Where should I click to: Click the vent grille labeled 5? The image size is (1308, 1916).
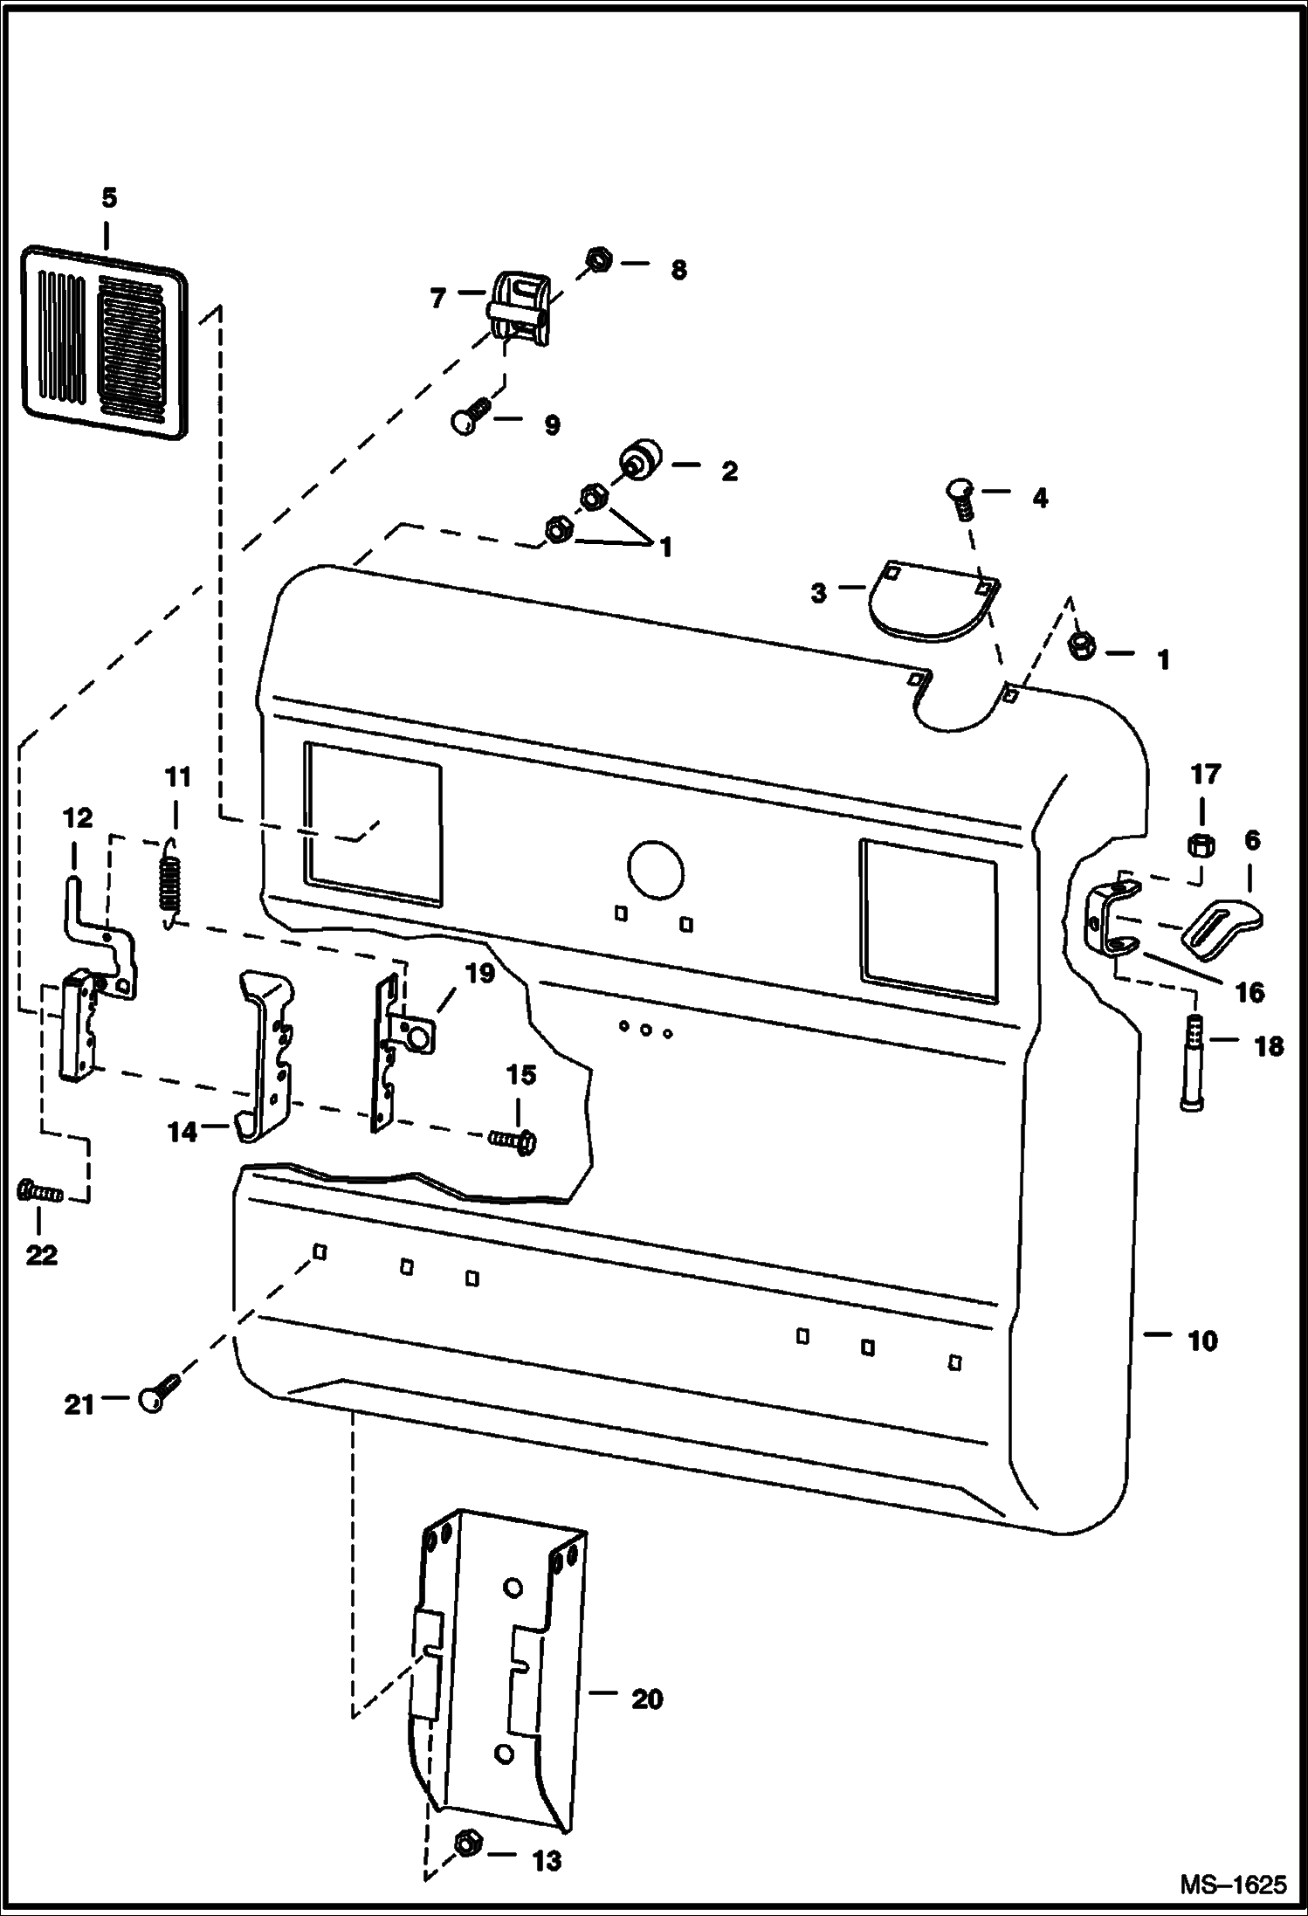[104, 342]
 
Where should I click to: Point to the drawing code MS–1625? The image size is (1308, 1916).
[1233, 1885]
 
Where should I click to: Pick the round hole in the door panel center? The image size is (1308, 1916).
[655, 868]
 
